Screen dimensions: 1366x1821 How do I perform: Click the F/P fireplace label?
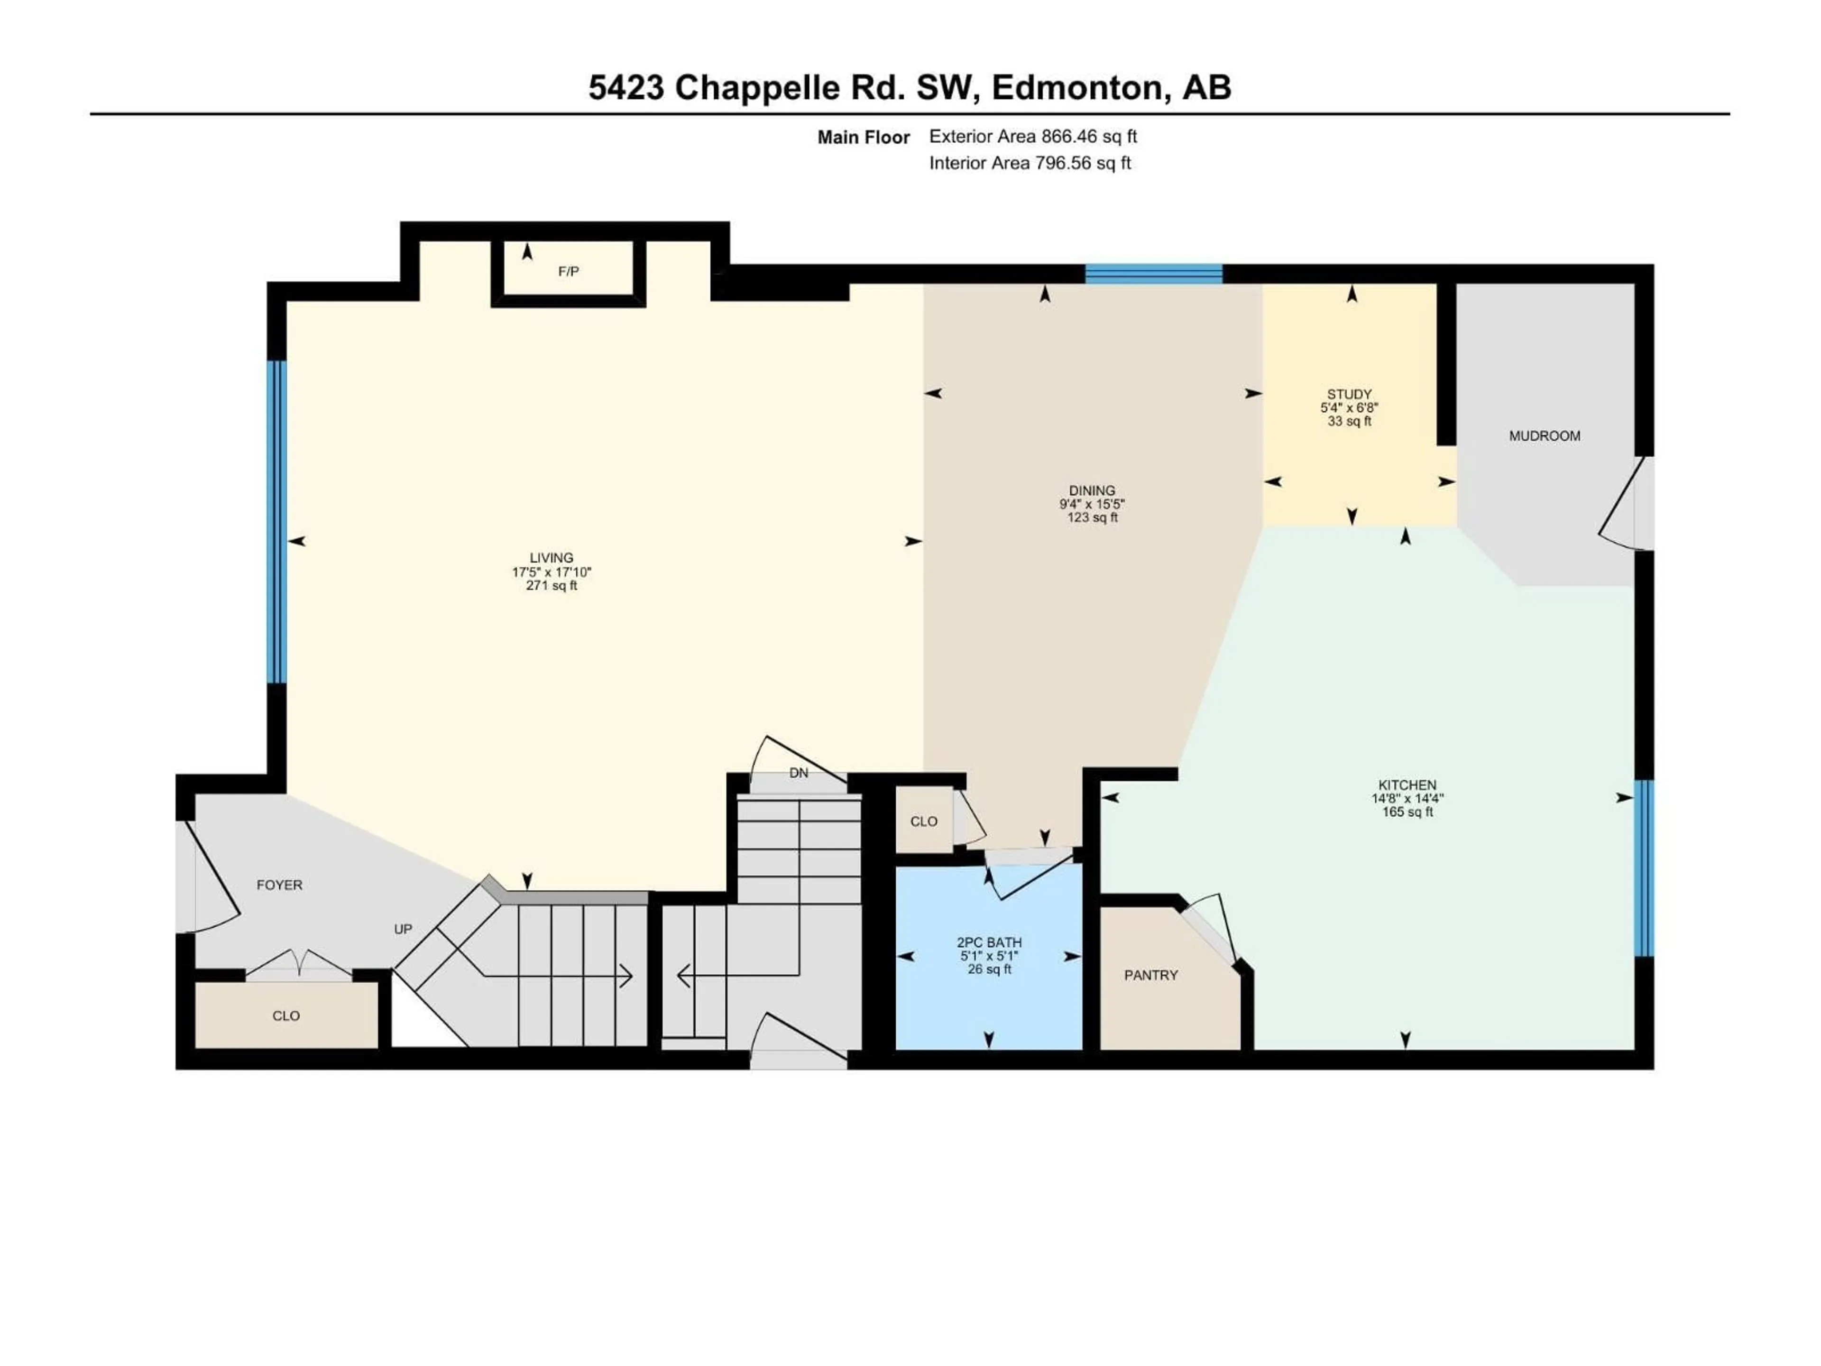[568, 271]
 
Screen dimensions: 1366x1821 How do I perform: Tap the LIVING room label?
[552, 557]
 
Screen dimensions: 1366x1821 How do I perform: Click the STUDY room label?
[1349, 394]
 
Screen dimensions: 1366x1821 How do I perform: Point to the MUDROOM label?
[1545, 435]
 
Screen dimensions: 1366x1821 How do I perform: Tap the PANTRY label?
[1151, 975]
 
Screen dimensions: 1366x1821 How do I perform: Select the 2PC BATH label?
[989, 942]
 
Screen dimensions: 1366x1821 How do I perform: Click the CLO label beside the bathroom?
[924, 821]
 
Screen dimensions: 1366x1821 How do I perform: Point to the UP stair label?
[403, 929]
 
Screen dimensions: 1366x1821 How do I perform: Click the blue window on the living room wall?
[276, 522]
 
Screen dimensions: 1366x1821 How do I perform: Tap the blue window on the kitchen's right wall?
[1643, 868]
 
